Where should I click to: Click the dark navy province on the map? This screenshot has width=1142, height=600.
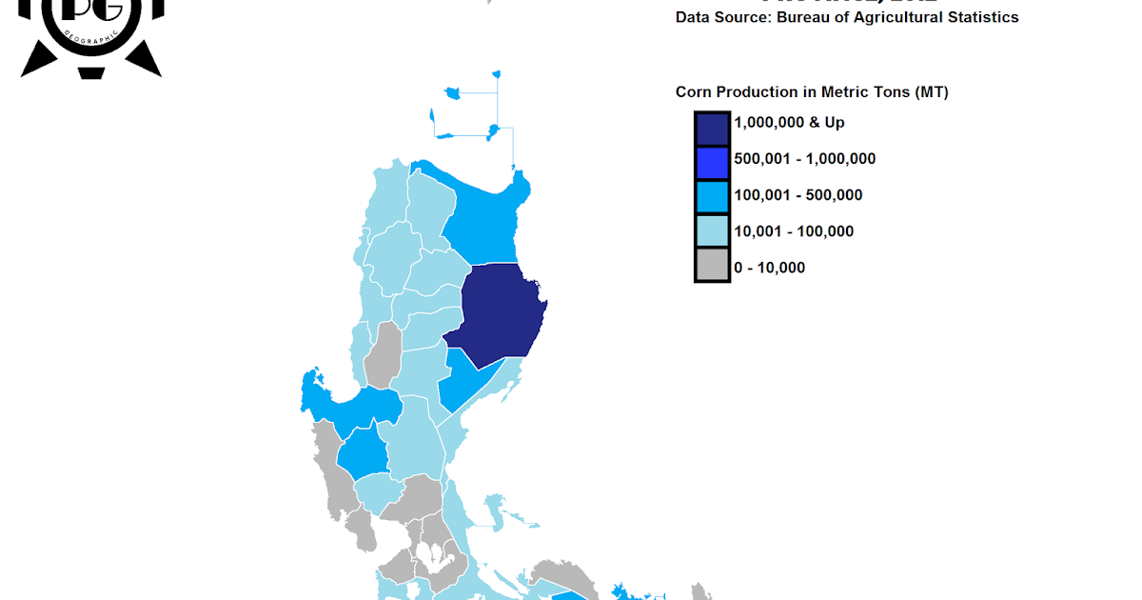click(500, 314)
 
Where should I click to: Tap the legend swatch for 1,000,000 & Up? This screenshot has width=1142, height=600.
click(712, 123)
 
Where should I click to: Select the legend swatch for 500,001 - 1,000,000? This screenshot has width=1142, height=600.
click(712, 159)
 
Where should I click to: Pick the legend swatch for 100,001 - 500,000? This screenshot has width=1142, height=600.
click(712, 195)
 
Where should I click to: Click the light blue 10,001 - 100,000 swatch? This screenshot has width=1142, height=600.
click(712, 231)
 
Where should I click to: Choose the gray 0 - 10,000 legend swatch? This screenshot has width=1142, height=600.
click(712, 268)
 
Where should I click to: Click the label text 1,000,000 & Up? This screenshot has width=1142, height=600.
click(789, 123)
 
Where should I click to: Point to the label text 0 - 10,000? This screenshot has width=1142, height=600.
click(769, 268)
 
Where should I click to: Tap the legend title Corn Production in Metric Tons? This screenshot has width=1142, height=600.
click(812, 92)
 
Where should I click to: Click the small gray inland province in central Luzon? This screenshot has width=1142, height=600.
click(384, 354)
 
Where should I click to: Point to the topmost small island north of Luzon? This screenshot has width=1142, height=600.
click(496, 72)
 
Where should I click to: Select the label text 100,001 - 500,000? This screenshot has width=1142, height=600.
click(797, 195)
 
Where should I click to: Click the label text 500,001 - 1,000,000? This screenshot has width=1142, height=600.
click(804, 159)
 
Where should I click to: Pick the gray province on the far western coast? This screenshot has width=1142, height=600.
click(335, 476)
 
